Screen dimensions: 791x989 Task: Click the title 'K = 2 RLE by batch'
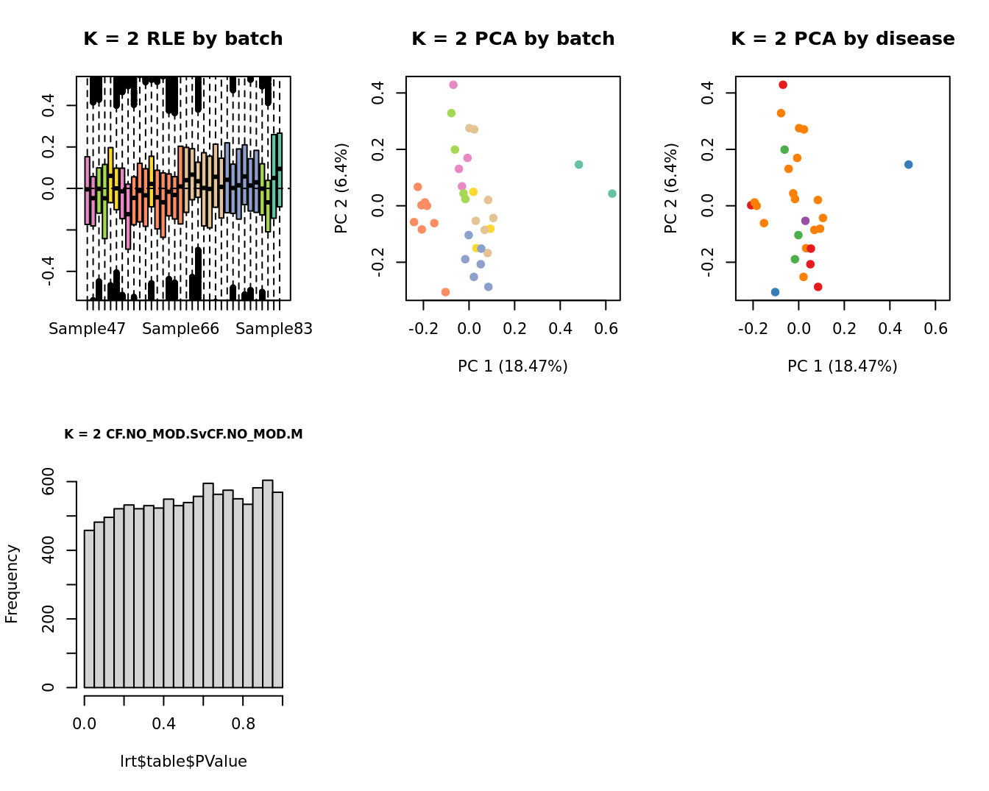pos(183,39)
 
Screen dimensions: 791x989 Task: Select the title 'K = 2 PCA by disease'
pos(843,39)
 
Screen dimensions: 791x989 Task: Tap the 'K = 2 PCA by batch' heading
pos(513,39)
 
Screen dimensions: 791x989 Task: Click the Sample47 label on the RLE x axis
pos(87,329)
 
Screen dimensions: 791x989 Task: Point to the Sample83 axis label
pos(274,329)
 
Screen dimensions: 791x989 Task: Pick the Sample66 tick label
pos(180,329)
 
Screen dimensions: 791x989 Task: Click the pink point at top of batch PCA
pos(453,85)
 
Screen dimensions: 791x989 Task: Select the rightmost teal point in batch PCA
pos(612,194)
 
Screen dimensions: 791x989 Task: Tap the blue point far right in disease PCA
pos(908,164)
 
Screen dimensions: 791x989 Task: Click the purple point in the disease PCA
pos(805,221)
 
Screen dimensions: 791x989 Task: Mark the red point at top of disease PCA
pos(783,85)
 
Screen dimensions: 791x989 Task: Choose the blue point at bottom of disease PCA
pos(775,292)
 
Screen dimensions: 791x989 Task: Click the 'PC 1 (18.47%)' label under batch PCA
pos(513,366)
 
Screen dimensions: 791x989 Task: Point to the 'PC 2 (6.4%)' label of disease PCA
pos(670,188)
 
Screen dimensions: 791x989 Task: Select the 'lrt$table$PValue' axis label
pos(183,762)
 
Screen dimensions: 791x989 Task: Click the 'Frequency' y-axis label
pos(12,584)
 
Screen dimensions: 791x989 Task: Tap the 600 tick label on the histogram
pos(49,482)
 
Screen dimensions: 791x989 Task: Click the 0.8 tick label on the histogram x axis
pos(243,724)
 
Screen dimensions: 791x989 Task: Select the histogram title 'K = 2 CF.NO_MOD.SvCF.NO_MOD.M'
pos(183,434)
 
